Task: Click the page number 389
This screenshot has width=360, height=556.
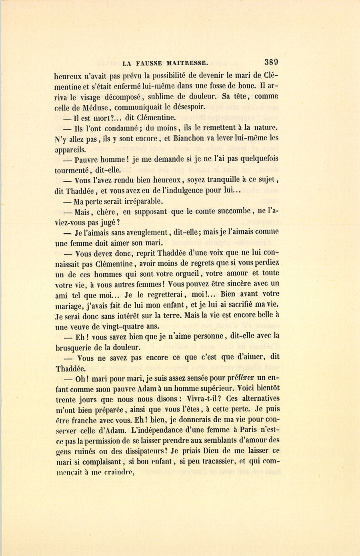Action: (x=271, y=62)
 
